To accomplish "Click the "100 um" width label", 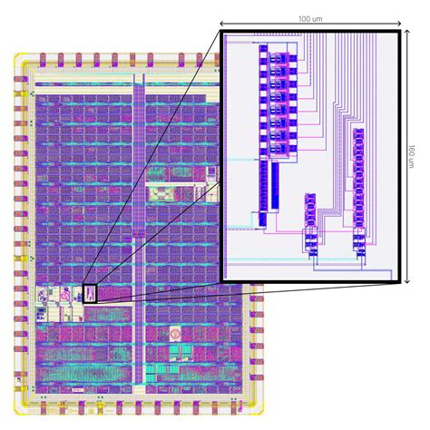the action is point(310,19).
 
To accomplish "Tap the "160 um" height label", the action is point(412,156).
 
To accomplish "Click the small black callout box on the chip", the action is point(90,294).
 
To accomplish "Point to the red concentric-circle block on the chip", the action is point(175,334).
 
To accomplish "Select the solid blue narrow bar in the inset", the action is point(275,186).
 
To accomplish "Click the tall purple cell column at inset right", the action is point(358,179).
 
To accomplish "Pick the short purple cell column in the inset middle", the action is point(310,210).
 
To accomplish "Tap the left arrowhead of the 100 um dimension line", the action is point(221,24).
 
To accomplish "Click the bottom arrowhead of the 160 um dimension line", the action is point(407,281).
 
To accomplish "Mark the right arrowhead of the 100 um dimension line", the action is point(399,24).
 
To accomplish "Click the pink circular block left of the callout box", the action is point(64,294).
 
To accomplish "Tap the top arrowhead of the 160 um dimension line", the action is point(407,32).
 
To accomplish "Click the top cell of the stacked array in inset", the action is point(279,58).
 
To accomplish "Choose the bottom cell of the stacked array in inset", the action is point(279,148).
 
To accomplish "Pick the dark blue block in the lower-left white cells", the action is point(41,315).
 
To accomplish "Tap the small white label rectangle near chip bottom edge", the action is point(78,390).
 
